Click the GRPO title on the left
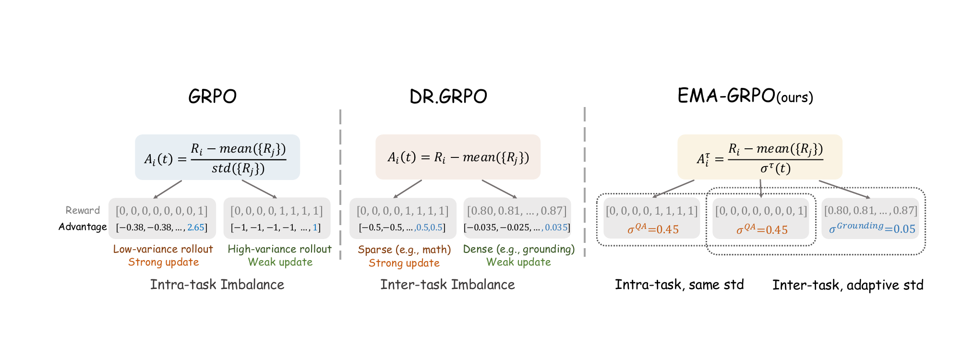point(212,96)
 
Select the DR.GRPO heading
point(448,96)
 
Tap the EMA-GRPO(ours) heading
point(745,96)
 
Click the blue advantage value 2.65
point(196,228)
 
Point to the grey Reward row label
point(83,210)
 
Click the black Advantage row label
point(83,227)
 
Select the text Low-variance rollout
point(163,249)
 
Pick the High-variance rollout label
point(279,249)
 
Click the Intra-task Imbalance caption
point(217,285)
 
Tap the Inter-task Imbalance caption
point(447,285)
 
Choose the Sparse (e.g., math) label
point(404,250)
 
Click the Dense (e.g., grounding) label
point(518,249)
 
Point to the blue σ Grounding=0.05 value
point(872,228)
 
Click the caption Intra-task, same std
point(679,285)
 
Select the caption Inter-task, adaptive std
point(848,285)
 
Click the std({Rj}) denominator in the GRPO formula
point(238,168)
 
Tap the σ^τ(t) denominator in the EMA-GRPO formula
point(775,168)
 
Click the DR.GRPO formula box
point(457,157)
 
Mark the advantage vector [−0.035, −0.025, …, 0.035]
point(517,228)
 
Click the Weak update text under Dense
point(518,262)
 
